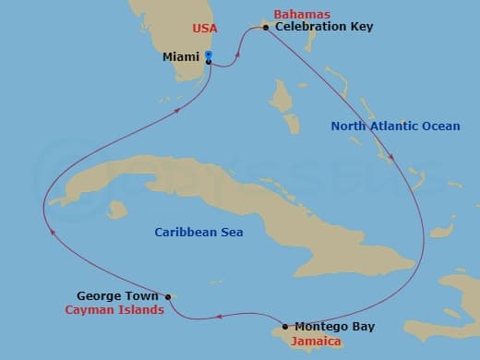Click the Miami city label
click(181, 57)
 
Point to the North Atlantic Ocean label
click(409, 126)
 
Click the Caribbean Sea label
click(198, 233)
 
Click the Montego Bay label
click(336, 326)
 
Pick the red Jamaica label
click(316, 342)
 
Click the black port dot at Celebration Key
click(266, 28)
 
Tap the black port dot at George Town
click(168, 296)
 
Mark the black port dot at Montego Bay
click(285, 326)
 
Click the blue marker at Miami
click(209, 58)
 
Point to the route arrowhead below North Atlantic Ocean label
click(394, 158)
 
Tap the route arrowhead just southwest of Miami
click(179, 107)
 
